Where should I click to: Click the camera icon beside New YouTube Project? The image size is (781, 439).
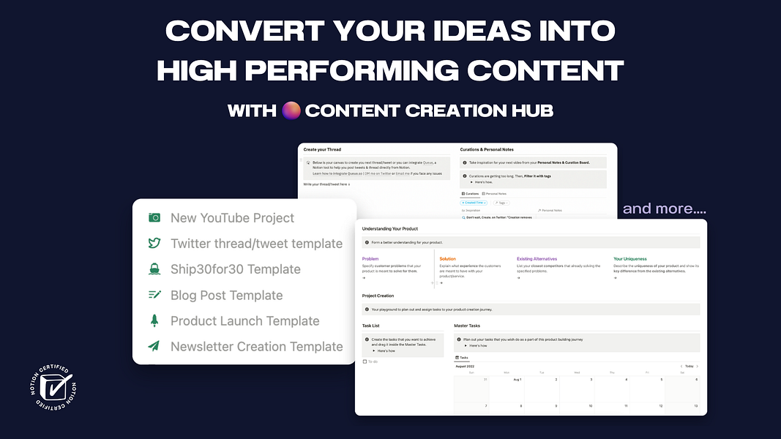154,218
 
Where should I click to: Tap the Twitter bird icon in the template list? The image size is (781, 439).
154,244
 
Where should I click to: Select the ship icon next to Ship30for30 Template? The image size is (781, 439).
154,269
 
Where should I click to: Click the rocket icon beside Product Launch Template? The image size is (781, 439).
154,320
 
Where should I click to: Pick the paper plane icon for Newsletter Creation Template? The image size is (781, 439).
154,346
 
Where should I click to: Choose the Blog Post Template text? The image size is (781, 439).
226,296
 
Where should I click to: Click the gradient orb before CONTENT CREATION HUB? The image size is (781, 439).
291,110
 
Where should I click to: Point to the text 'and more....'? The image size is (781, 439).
664,209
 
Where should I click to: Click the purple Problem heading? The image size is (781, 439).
370,259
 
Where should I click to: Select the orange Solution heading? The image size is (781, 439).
447,259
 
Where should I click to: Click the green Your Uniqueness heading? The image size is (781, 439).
629,259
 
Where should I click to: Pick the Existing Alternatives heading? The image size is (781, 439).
537,259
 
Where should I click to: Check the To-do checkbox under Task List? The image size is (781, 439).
365,361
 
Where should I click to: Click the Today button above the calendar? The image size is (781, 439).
689,366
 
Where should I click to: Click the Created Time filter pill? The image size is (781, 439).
474,203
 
